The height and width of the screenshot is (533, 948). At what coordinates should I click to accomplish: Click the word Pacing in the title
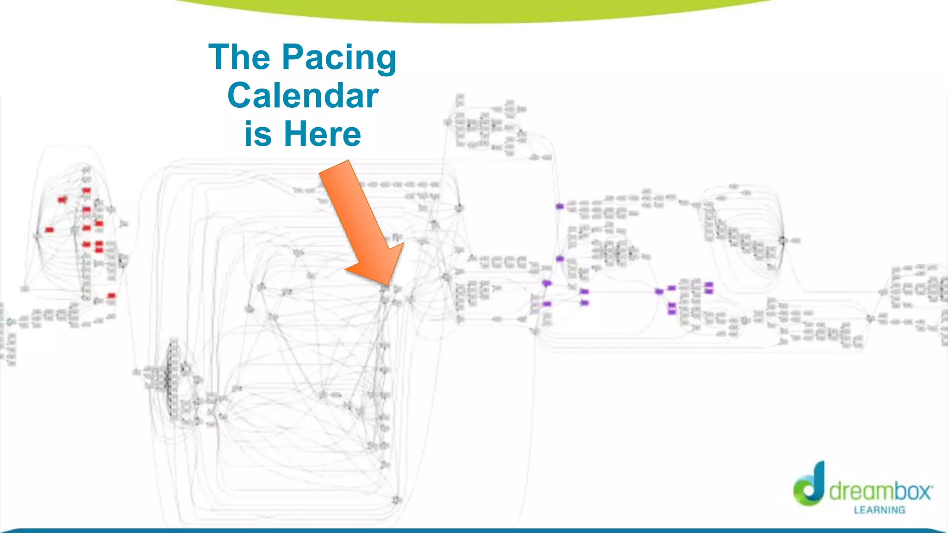point(339,58)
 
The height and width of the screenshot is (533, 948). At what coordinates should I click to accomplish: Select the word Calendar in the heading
point(303,96)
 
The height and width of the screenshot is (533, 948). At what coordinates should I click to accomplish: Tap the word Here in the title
point(322,134)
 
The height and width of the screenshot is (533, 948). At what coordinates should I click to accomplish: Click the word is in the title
point(257,134)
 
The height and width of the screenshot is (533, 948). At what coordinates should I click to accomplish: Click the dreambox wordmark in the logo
point(879,491)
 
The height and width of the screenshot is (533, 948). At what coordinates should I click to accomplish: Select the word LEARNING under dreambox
point(879,510)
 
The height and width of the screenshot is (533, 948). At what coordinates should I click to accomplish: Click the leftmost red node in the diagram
point(49,230)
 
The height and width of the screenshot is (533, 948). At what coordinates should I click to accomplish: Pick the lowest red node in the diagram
point(111,296)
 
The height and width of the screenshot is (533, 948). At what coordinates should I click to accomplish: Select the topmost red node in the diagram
point(87,190)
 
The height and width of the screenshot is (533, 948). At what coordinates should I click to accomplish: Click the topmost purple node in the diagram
point(560,206)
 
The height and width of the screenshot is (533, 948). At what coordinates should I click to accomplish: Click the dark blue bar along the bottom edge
point(474,530)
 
